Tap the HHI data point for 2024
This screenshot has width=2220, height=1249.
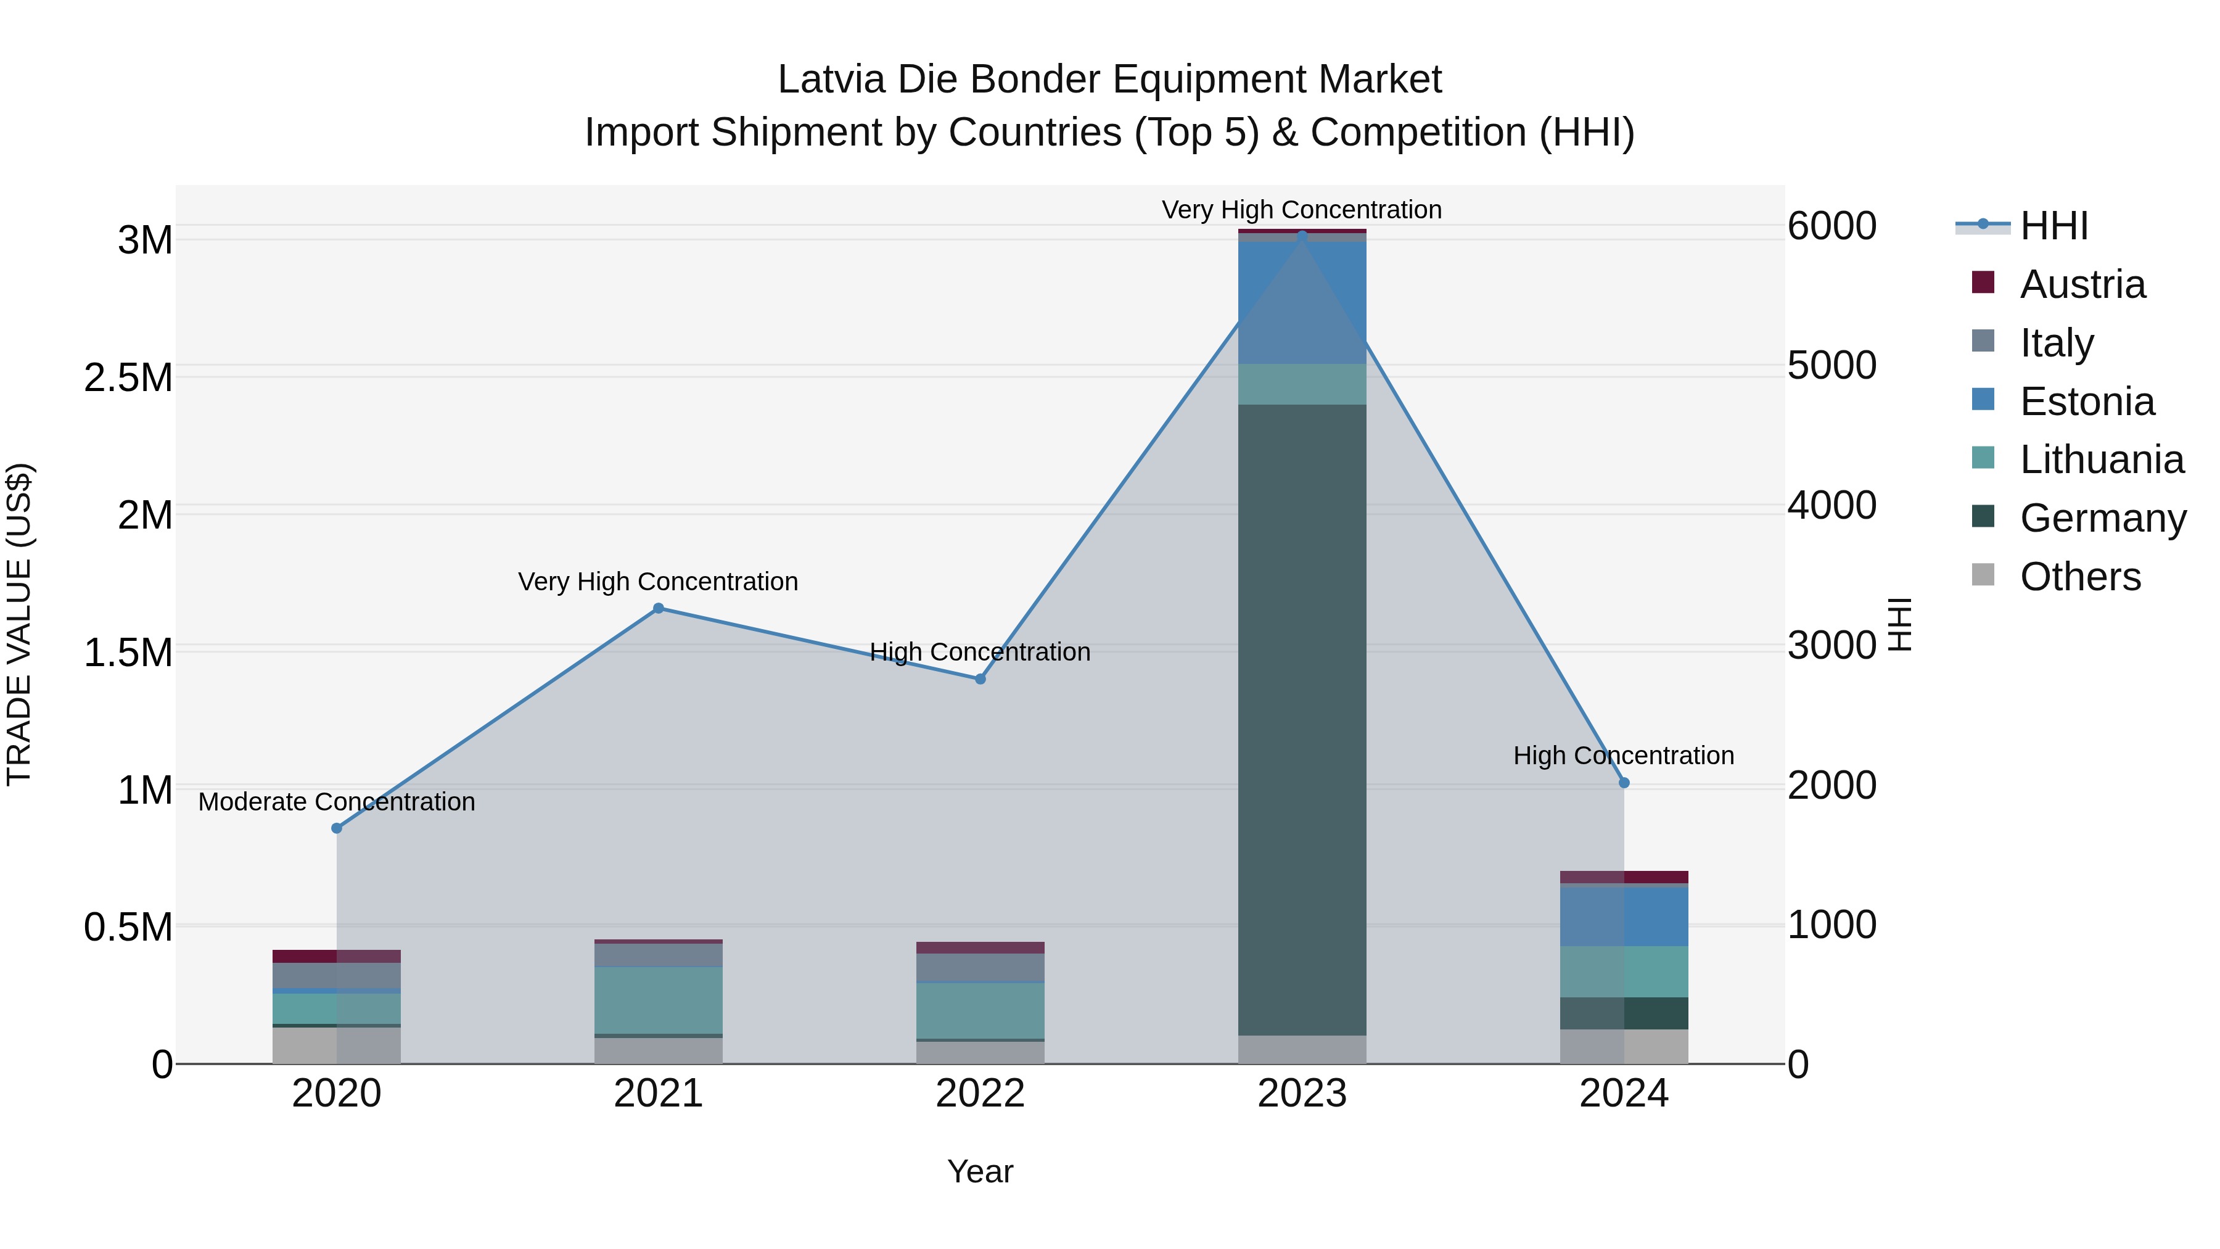coord(1624,783)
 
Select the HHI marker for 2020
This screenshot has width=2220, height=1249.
coord(337,828)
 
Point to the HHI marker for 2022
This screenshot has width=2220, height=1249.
coord(980,679)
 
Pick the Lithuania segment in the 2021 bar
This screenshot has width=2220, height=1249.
coord(659,1000)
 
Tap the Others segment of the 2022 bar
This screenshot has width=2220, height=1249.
coord(980,1052)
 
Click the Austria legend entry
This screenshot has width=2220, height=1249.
coord(2081,284)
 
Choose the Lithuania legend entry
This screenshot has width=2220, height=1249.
coord(2101,460)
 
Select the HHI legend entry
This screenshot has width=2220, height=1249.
coord(2053,226)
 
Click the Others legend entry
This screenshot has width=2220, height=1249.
coord(2079,577)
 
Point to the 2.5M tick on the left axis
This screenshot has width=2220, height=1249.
coord(128,377)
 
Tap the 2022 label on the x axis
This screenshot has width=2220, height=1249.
coord(980,1094)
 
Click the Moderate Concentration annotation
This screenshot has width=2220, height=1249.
coord(337,802)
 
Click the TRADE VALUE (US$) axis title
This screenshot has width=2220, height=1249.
coord(19,624)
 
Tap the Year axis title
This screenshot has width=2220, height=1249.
coord(980,1171)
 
